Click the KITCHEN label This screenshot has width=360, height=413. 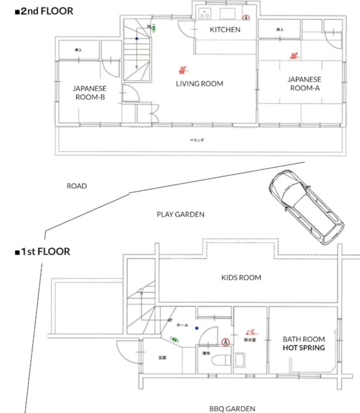click(x=225, y=30)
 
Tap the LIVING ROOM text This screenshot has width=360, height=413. click(x=199, y=84)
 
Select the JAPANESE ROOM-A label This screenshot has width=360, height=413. click(x=304, y=83)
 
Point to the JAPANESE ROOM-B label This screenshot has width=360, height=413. click(x=89, y=93)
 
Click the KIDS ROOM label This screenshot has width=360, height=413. click(x=241, y=278)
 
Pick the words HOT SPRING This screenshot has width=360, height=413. click(x=304, y=348)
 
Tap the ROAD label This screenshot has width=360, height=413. click(x=77, y=186)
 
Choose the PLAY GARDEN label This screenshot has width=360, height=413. click(x=180, y=215)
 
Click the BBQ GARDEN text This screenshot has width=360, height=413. click(x=232, y=408)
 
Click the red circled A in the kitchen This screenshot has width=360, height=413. click(x=246, y=18)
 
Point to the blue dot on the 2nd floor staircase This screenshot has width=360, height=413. click(x=136, y=38)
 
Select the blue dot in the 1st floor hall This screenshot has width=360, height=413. click(x=196, y=327)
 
